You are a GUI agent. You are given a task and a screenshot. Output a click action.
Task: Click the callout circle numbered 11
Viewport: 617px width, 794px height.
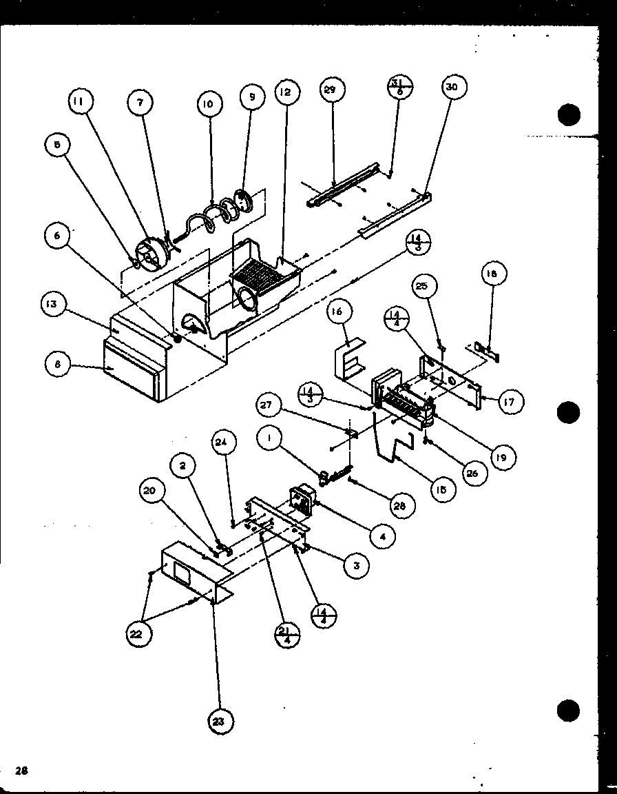79,102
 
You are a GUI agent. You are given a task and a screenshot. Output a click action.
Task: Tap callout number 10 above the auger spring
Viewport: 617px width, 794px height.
207,104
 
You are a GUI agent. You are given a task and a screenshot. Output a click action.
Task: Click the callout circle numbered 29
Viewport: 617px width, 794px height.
333,90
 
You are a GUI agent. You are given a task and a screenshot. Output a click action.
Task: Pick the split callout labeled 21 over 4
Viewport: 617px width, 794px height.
287,633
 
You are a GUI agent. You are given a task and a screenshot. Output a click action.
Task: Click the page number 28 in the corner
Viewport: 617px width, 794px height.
22,771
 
